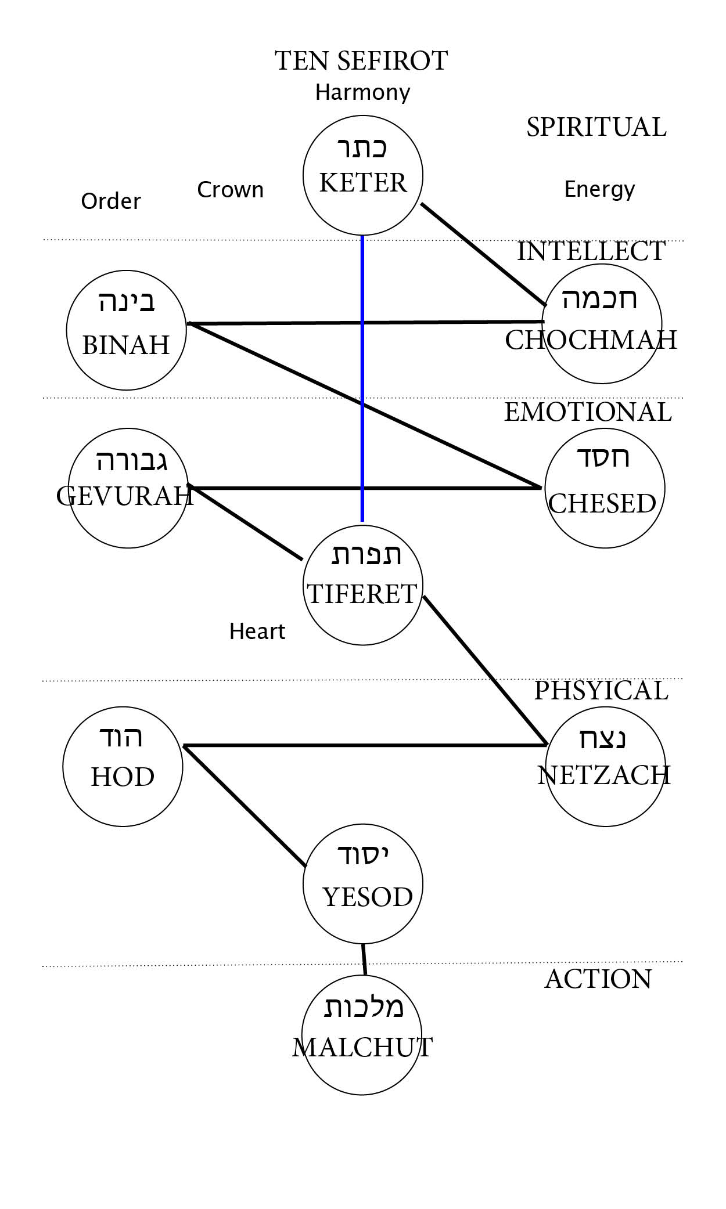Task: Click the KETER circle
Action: coord(363,175)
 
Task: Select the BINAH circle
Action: coord(127,330)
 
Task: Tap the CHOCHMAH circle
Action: coord(602,324)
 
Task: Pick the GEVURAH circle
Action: coord(128,488)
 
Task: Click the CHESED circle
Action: coord(605,488)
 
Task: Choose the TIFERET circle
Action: coord(362,585)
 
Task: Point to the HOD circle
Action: coord(123,766)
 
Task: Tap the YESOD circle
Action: coord(363,884)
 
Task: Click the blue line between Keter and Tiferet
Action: coord(362,377)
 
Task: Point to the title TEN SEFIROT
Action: coord(361,61)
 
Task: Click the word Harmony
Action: coord(362,92)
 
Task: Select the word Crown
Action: coord(230,190)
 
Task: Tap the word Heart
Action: coord(257,631)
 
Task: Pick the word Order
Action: coord(111,201)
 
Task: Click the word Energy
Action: coord(599,189)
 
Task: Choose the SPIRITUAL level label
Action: coord(596,127)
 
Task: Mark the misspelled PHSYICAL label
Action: coord(601,691)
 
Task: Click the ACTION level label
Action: coord(598,979)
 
